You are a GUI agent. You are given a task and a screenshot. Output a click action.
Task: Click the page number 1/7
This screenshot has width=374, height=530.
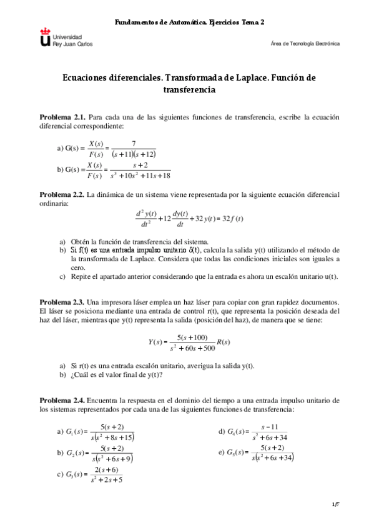335,504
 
